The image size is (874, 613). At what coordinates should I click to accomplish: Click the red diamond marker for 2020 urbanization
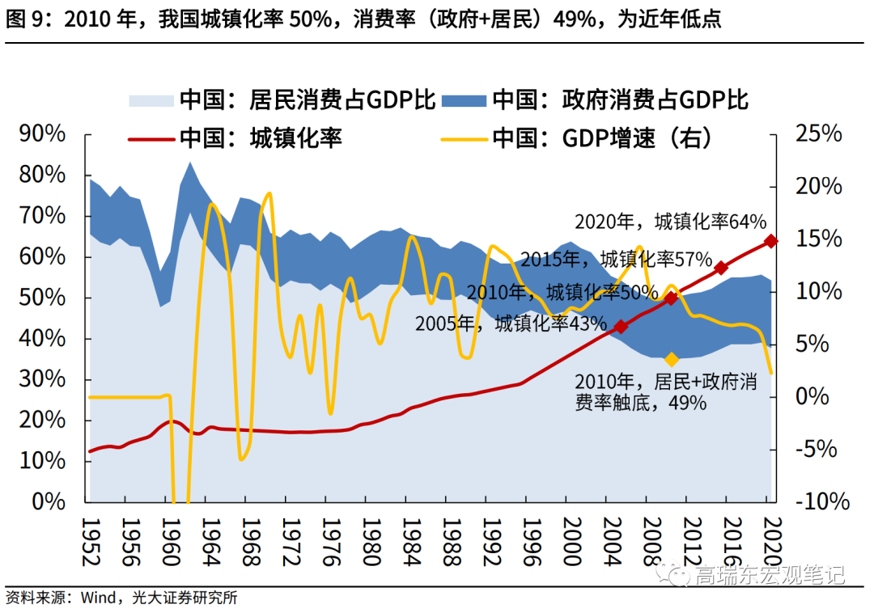click(x=770, y=241)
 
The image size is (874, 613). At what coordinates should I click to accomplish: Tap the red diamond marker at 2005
click(x=620, y=327)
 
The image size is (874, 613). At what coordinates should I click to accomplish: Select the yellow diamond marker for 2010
click(x=671, y=359)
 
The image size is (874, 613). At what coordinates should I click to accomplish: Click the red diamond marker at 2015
click(x=720, y=268)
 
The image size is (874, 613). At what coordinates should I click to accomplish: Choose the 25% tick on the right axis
click(x=818, y=134)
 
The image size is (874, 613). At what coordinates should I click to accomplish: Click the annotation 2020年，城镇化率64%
click(x=670, y=221)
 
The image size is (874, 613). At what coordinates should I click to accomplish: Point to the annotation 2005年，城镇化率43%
click(x=511, y=324)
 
